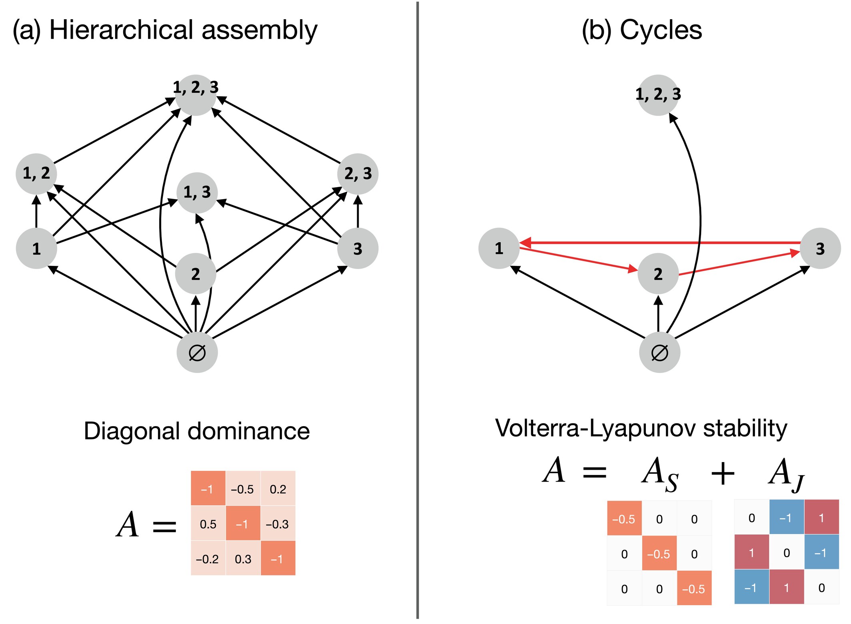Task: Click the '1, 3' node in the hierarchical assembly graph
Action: tap(197, 193)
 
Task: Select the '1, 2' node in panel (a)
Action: tap(36, 173)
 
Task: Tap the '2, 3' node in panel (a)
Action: tap(358, 174)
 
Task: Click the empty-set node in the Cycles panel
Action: tap(659, 353)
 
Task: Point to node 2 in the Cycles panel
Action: tap(658, 274)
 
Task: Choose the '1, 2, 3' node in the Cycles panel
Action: tap(658, 95)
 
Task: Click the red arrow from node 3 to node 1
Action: tap(660, 243)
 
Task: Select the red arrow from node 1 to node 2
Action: tap(579, 260)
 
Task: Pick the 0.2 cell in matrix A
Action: tap(278, 489)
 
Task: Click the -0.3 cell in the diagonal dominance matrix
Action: tap(278, 524)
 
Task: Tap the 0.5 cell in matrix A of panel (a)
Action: tap(208, 524)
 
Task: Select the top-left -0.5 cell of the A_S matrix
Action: tap(624, 518)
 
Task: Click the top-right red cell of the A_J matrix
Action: tap(821, 517)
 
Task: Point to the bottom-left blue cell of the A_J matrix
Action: tap(751, 587)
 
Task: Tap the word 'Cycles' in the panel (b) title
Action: tap(661, 30)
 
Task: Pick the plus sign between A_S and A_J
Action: tap(723, 474)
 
